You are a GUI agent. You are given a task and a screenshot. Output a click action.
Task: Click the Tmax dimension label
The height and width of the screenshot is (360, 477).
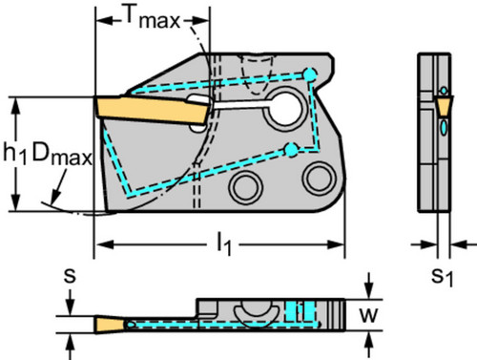click(153, 17)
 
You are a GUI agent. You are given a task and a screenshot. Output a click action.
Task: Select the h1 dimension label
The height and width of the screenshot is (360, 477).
click(15, 154)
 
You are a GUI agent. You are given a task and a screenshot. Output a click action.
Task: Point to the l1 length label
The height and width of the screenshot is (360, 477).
click(224, 244)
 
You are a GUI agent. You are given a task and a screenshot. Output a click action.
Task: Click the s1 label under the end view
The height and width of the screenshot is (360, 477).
click(442, 278)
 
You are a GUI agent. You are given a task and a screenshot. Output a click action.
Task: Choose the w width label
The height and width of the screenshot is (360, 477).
click(368, 315)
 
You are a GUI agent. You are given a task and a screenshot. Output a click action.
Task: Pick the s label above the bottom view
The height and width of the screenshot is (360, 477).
click(70, 276)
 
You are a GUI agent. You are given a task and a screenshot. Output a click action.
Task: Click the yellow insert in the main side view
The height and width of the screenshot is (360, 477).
click(154, 110)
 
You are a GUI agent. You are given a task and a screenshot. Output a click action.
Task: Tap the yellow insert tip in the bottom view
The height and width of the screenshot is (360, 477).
click(111, 325)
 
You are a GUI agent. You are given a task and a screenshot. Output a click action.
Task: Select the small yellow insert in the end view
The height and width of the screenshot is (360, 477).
click(443, 106)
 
